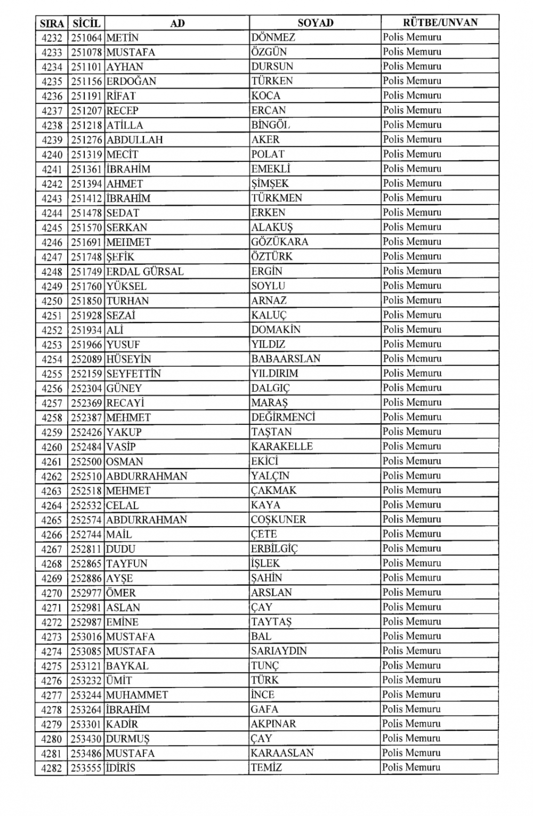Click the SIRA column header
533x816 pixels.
tap(52, 23)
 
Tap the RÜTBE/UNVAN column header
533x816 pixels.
tap(440, 22)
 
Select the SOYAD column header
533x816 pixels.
tap(315, 22)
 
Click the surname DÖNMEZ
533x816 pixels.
tap(273, 37)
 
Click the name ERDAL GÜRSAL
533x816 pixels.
tap(144, 271)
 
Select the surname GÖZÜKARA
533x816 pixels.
tap(280, 241)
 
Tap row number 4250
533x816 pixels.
tap(52, 301)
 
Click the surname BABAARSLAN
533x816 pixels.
tap(286, 359)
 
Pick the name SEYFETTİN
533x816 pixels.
tap(133, 374)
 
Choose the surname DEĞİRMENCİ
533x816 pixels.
tap(283, 417)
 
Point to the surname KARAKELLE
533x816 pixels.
tap(282, 446)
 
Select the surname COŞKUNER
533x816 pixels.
tap(279, 519)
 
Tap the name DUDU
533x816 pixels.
tap(120, 549)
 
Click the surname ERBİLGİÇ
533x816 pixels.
tap(274, 548)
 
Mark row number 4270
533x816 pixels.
tap(52, 593)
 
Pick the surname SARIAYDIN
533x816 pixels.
tap(279, 651)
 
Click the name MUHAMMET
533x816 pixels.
tap(137, 695)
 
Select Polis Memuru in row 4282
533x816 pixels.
tap(411, 767)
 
